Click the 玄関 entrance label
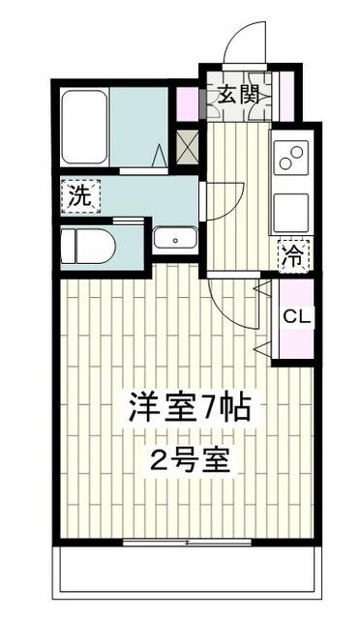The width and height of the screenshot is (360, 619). (239, 95)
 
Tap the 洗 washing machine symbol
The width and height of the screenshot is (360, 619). (80, 196)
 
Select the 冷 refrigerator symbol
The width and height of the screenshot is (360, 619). (294, 256)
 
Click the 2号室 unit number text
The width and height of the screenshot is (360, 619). (190, 461)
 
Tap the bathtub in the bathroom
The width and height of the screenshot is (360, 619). (84, 127)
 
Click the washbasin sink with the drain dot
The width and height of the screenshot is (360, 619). (175, 238)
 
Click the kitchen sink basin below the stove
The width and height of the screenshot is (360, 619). (291, 213)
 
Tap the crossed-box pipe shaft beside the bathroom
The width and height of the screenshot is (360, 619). (187, 147)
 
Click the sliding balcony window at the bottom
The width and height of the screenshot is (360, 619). (187, 266)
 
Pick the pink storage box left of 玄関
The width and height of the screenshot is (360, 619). (188, 104)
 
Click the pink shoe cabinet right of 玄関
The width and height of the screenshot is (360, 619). (287, 97)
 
